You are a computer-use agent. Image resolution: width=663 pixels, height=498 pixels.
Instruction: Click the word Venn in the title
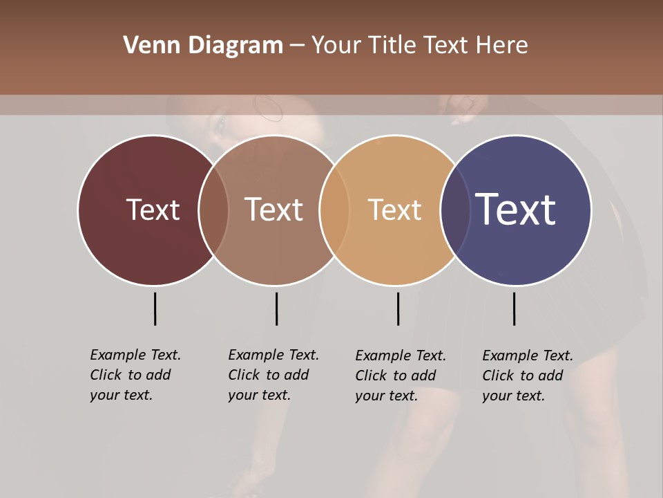pyautogui.click(x=143, y=46)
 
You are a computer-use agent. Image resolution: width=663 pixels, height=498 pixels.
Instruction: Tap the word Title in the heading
pyautogui.click(x=391, y=46)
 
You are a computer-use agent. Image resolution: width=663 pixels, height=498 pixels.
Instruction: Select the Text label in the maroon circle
pyautogui.click(x=153, y=210)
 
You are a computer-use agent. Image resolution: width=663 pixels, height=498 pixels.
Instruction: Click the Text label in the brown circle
pyautogui.click(x=273, y=210)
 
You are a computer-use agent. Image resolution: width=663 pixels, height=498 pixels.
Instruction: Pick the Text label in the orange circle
pyautogui.click(x=394, y=210)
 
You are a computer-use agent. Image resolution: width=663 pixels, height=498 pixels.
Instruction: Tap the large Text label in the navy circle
pyautogui.click(x=516, y=210)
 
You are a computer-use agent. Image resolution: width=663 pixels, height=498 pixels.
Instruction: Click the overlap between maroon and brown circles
pyautogui.click(x=213, y=210)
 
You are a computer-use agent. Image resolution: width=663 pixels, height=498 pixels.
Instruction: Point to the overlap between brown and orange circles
pyautogui.click(x=334, y=210)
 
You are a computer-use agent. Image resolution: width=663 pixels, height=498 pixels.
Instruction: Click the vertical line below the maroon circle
pyautogui.click(x=155, y=308)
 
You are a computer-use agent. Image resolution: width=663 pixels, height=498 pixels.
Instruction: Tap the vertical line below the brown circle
pyautogui.click(x=276, y=308)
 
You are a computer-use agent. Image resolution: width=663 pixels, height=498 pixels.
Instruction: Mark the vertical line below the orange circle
pyautogui.click(x=398, y=308)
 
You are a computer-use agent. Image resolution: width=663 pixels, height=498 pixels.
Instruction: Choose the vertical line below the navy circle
pyautogui.click(x=514, y=308)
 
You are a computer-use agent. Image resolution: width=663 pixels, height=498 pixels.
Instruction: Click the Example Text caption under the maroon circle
pyautogui.click(x=135, y=375)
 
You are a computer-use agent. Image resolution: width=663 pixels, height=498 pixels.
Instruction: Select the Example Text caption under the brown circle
pyautogui.click(x=273, y=375)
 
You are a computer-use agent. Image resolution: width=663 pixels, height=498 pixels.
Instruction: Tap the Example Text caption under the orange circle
pyautogui.click(x=401, y=376)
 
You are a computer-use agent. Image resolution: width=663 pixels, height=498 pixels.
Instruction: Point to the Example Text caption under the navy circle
pyautogui.click(x=528, y=376)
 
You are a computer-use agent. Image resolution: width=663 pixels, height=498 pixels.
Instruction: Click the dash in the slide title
pyautogui.click(x=297, y=46)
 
